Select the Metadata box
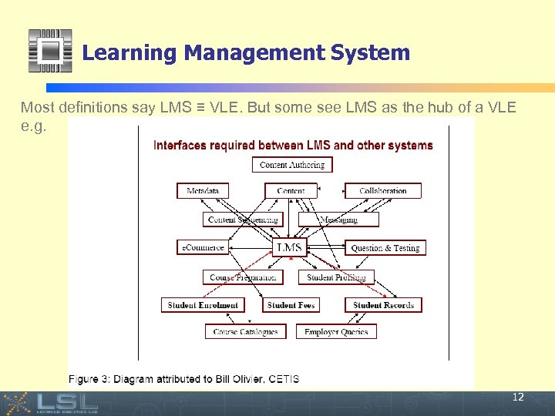(x=203, y=191)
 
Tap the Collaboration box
(x=383, y=191)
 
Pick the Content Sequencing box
(x=243, y=220)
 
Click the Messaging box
(x=338, y=220)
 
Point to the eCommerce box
(x=202, y=247)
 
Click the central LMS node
(x=290, y=247)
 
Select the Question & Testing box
(x=385, y=248)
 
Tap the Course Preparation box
(x=243, y=277)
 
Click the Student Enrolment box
(x=203, y=305)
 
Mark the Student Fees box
(x=291, y=305)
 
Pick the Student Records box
(x=383, y=305)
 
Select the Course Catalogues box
(x=245, y=332)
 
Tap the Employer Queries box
(x=336, y=332)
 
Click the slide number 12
(x=518, y=398)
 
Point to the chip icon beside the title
(x=50, y=51)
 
